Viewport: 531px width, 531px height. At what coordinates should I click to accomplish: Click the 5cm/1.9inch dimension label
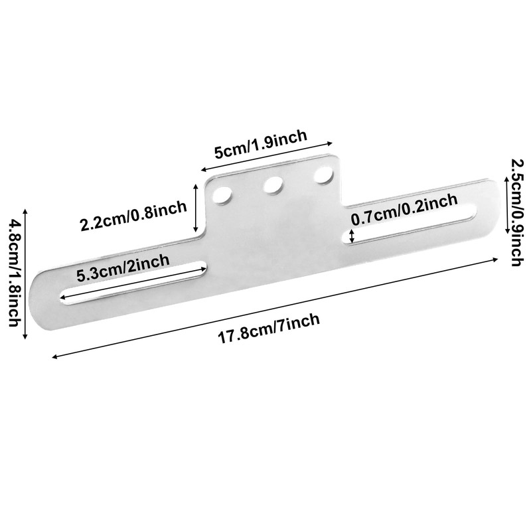[x=260, y=145]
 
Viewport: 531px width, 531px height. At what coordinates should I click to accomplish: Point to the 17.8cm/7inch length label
[x=269, y=329]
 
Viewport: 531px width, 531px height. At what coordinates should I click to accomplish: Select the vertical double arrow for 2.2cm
[x=196, y=208]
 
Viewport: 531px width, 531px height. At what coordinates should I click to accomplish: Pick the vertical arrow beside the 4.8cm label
[x=25, y=273]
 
